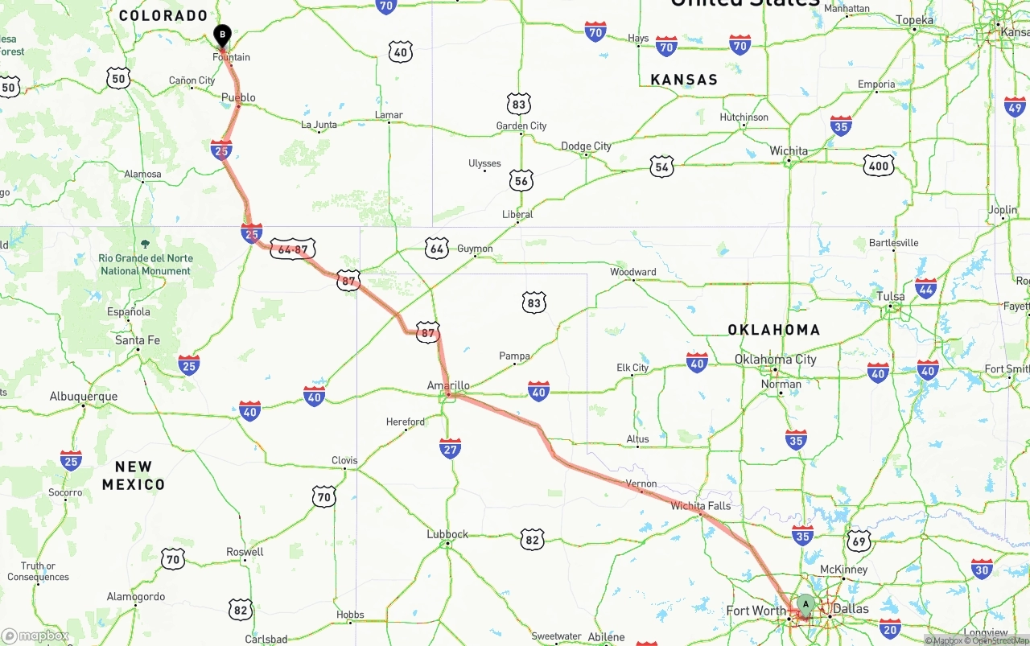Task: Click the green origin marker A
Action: pyautogui.click(x=805, y=604)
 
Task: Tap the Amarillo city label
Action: pyautogui.click(x=448, y=386)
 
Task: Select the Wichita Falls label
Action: pyautogui.click(x=700, y=506)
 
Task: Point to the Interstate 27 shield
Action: pyautogui.click(x=451, y=448)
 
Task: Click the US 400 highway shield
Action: pyautogui.click(x=878, y=167)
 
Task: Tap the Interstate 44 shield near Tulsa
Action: pyautogui.click(x=926, y=289)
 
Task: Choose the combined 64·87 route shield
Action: pyautogui.click(x=293, y=249)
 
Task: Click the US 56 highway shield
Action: pyautogui.click(x=521, y=181)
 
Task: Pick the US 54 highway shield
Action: pyautogui.click(x=661, y=167)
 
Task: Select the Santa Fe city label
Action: pyautogui.click(x=138, y=340)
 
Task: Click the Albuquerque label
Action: pyautogui.click(x=84, y=396)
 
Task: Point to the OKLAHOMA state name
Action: pyautogui.click(x=773, y=330)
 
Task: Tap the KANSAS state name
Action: pyautogui.click(x=683, y=80)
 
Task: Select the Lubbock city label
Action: pyautogui.click(x=447, y=534)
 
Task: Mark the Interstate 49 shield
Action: pyautogui.click(x=1015, y=107)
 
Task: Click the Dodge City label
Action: pyautogui.click(x=586, y=146)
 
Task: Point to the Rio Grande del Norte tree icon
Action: pyautogui.click(x=145, y=243)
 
